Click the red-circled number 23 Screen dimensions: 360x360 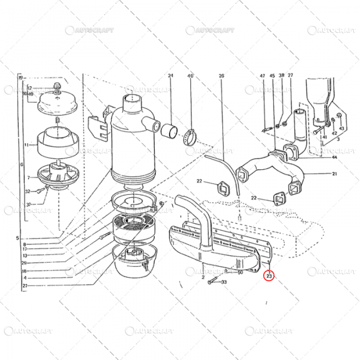(x=269, y=276)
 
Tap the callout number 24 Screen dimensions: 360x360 (x=170, y=76)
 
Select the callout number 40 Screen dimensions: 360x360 (x=190, y=76)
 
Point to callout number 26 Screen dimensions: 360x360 (x=222, y=76)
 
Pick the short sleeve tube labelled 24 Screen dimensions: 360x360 (x=170, y=130)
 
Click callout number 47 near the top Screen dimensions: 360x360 (x=262, y=76)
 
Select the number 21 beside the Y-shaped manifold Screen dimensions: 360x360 (x=334, y=174)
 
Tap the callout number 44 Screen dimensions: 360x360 (x=334, y=157)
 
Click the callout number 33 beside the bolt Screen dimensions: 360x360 (x=224, y=282)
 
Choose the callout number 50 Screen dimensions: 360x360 (x=240, y=272)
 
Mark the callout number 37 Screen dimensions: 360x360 (x=29, y=204)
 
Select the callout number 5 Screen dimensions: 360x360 (x=16, y=238)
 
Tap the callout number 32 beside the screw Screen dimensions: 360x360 (x=29, y=191)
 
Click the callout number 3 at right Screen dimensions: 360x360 (x=338, y=139)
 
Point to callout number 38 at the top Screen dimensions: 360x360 (x=281, y=76)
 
